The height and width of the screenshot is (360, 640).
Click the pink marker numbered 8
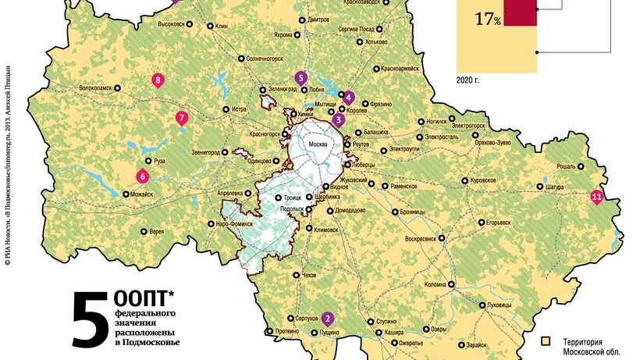tap(158, 80)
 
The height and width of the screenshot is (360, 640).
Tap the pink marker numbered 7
tap(181, 119)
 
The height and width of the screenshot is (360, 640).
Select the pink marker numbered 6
tap(142, 175)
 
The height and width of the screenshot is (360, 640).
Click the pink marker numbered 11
tap(597, 196)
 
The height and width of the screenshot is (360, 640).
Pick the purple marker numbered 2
tap(328, 318)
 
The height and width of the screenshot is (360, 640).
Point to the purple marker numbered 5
tap(300, 77)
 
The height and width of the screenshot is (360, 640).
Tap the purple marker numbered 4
tap(348, 98)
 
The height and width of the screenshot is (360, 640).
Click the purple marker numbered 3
tap(338, 119)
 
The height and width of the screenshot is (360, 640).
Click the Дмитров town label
tap(318, 19)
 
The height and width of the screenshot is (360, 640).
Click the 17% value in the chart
tap(487, 19)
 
